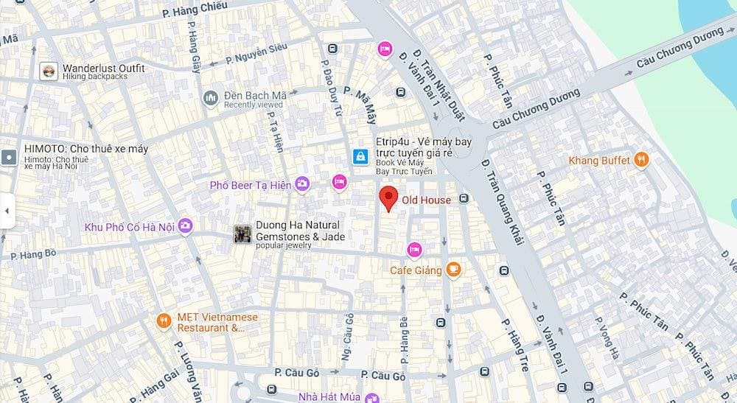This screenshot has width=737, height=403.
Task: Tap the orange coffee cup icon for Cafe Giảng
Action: (x=454, y=270)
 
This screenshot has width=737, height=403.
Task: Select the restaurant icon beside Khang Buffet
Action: (x=642, y=160)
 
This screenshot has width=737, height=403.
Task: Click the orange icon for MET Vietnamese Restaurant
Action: (x=164, y=320)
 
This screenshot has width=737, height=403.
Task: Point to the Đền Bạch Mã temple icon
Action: (x=211, y=99)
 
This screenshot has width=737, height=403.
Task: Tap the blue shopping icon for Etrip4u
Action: (x=360, y=156)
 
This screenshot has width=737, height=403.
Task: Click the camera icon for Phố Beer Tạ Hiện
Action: (x=301, y=184)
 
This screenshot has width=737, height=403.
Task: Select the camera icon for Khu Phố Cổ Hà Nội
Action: (x=185, y=226)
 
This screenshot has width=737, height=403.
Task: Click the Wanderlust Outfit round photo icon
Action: (x=49, y=71)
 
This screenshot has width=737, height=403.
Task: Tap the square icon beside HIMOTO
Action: (x=9, y=156)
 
